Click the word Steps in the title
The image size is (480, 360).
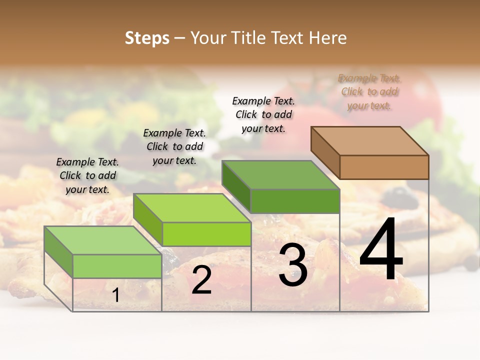[147, 38]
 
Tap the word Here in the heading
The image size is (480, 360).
[328, 38]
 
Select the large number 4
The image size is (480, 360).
[381, 250]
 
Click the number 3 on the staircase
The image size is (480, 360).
[293, 265]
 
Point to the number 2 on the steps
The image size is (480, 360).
[201, 280]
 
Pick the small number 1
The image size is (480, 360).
[116, 295]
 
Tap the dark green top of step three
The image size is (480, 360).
[281, 175]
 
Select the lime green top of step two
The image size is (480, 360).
[192, 208]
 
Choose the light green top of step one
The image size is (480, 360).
[103, 240]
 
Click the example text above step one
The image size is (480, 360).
[87, 175]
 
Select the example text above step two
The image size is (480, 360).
[174, 146]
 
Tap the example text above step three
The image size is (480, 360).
[263, 114]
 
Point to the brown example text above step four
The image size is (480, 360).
[369, 91]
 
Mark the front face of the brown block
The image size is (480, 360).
[384, 167]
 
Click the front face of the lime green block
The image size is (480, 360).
[206, 234]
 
